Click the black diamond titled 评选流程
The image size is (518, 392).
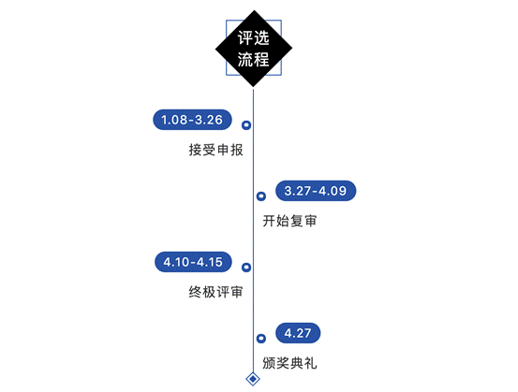(254, 49)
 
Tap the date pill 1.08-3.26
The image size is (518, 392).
(192, 120)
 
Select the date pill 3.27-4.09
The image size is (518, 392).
(316, 191)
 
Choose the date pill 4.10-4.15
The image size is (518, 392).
(193, 262)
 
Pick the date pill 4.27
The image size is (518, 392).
(298, 333)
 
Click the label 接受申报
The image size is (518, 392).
(216, 150)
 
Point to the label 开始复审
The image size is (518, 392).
(289, 221)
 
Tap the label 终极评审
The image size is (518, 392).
(216, 292)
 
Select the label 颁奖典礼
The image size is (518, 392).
(289, 363)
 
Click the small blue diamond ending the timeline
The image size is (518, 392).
(253, 375)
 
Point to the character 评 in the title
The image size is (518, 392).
(245, 38)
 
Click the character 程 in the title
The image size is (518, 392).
(261, 59)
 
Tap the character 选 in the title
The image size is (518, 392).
(261, 38)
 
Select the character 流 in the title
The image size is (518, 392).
(245, 59)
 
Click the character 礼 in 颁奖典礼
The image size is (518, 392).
(311, 363)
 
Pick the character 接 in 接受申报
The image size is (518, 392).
(195, 150)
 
